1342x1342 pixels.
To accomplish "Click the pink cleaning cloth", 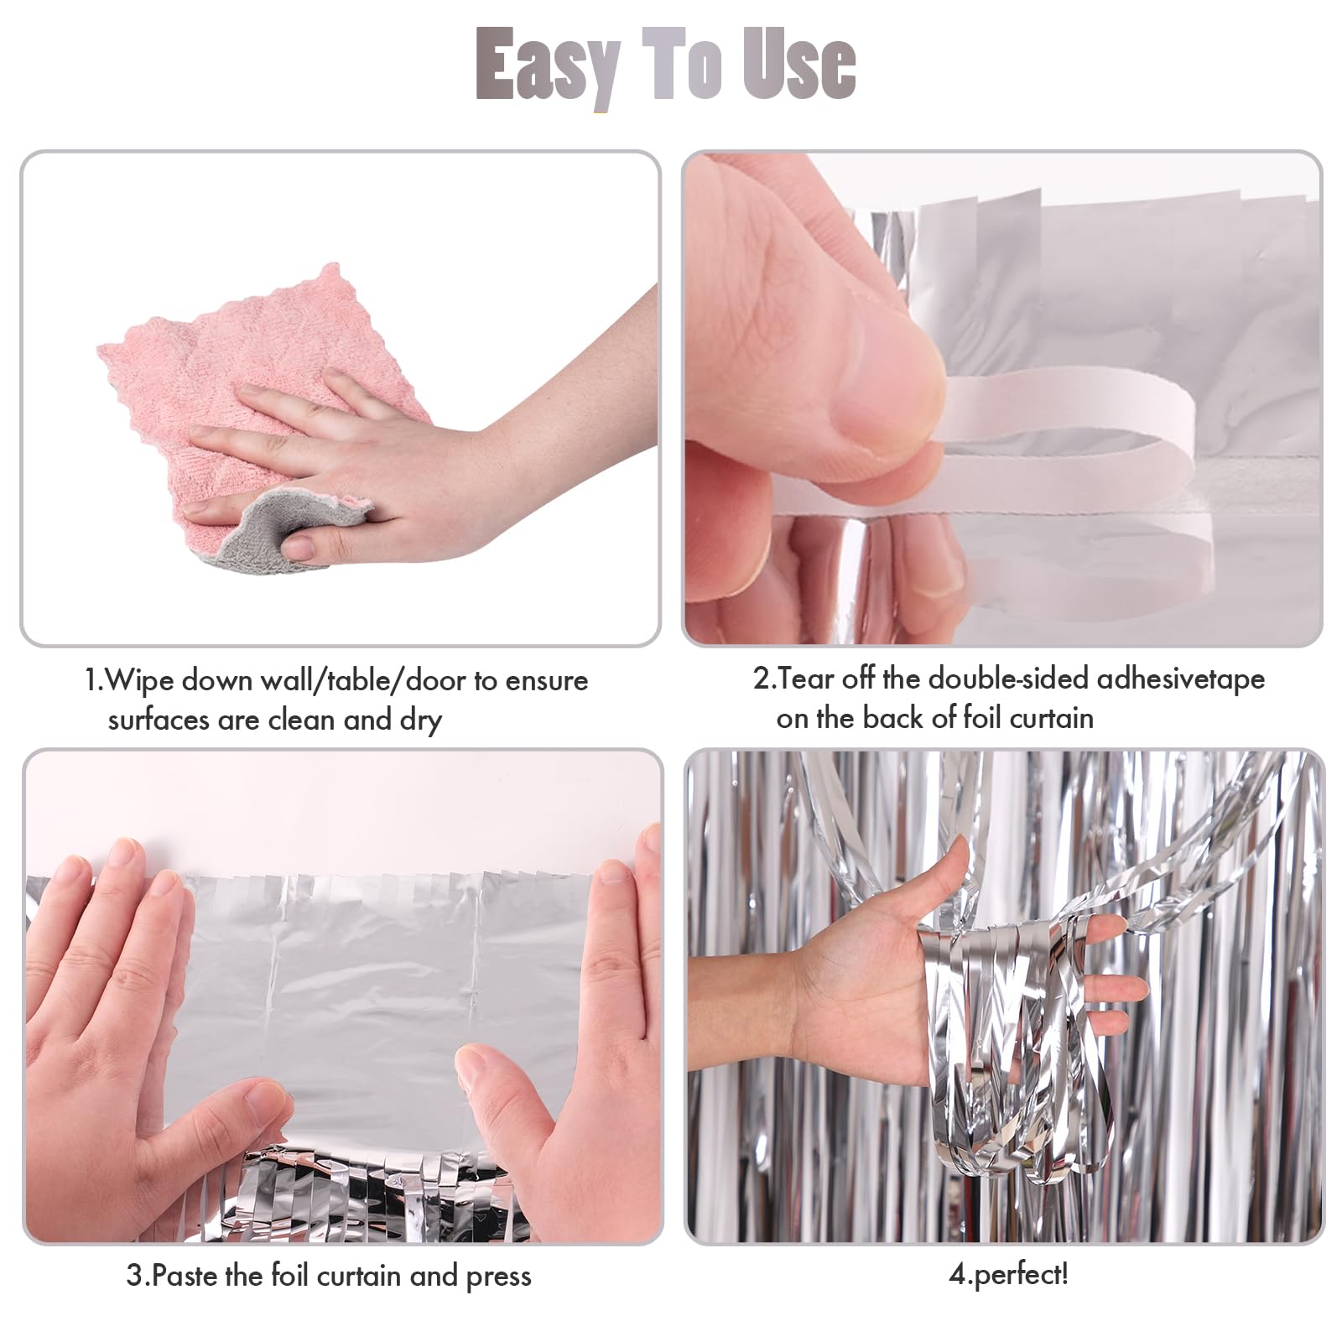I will tap(252, 352).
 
